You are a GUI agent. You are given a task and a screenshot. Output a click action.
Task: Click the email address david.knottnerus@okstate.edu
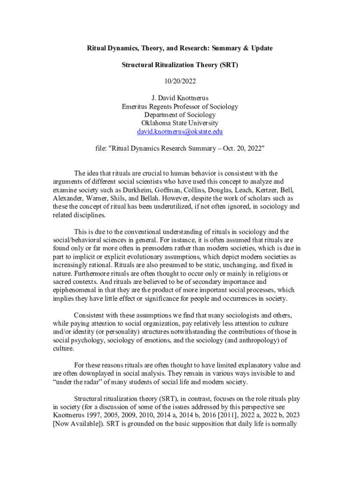tap(180, 132)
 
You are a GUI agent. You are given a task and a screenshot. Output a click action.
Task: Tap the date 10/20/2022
tap(180, 81)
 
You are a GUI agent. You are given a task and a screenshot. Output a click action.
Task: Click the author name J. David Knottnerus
tap(180, 98)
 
